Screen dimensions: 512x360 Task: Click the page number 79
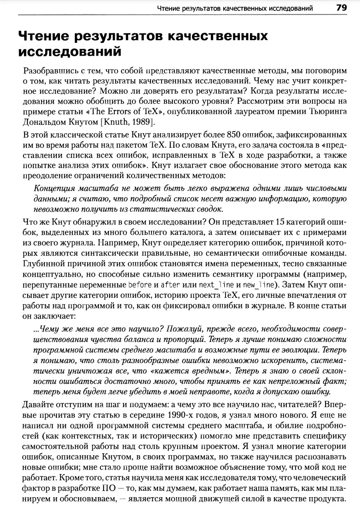342,8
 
